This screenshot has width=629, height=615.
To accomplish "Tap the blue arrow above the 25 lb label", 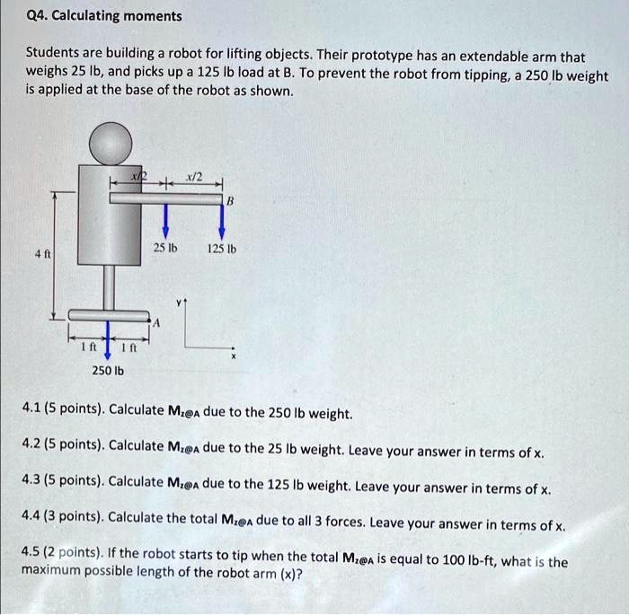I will click(164, 221).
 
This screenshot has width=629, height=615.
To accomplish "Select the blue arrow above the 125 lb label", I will click(221, 221).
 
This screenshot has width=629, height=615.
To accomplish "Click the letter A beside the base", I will click(157, 324).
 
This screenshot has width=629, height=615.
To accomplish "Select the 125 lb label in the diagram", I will click(222, 249).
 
